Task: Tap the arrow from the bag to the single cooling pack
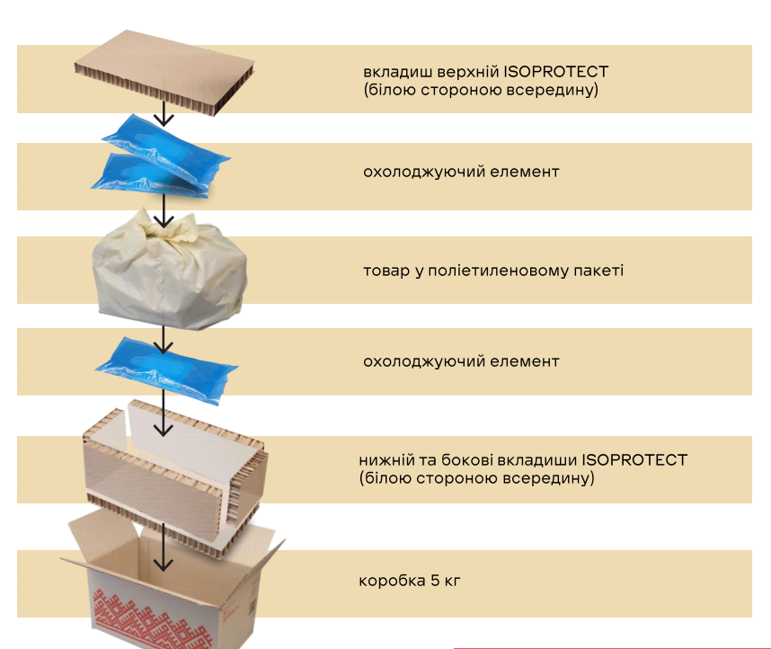[x=163, y=338]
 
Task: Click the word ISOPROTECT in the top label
[x=556, y=71]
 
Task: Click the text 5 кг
[x=446, y=581]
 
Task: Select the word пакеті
[x=600, y=270]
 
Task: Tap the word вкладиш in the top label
[x=394, y=71]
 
